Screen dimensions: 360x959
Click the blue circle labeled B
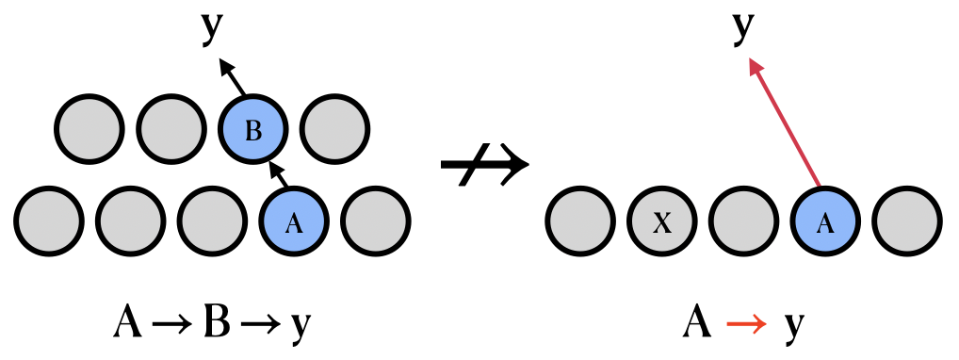coord(252,129)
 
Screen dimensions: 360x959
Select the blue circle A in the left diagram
coord(293,222)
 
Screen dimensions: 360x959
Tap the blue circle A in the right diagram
coord(824,222)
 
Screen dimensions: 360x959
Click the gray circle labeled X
coord(662,222)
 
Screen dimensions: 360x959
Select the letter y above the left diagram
coord(213,31)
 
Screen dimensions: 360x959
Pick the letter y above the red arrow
coord(744,31)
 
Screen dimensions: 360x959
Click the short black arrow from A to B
coord(277,174)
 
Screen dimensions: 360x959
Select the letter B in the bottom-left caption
coord(215,324)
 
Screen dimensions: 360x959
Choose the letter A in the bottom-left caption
coord(127,324)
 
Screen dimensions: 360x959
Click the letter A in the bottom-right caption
coord(697,324)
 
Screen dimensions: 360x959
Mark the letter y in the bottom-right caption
coord(795,327)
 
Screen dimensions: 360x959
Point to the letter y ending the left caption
coord(301,327)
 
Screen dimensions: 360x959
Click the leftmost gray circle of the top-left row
coord(89,129)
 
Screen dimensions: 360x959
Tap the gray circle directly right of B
coord(333,129)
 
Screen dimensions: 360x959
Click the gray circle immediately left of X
coord(581,222)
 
